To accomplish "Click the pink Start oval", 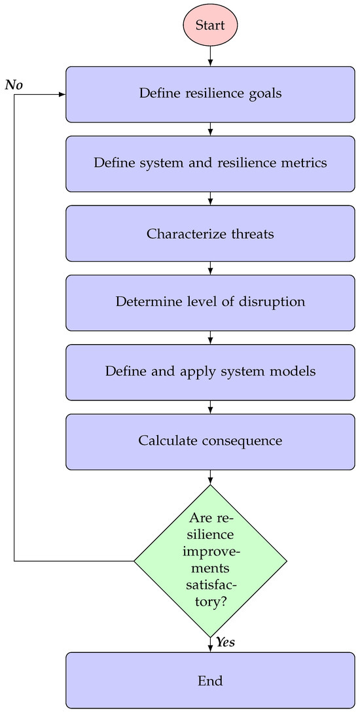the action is tap(210, 26).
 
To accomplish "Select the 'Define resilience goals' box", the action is tap(210, 94).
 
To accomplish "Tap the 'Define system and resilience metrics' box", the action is tap(210, 164).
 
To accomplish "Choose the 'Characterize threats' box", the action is tap(210, 234).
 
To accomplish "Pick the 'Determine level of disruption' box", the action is tap(210, 302).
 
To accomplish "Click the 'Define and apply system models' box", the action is tap(210, 372).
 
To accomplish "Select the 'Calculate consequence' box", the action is tap(210, 441).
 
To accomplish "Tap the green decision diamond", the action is tap(210, 561).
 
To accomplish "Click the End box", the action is tap(210, 680).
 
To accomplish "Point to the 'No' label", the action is tap(14, 85).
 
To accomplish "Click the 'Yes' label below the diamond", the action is tap(225, 642).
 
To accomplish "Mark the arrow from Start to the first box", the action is tap(210, 56).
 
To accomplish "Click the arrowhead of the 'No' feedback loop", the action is tap(62, 95).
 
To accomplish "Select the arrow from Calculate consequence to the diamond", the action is tap(210, 477).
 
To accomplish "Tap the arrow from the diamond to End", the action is tap(210, 645).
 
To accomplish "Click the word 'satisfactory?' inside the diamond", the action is tap(210, 593).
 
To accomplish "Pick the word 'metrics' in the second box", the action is tap(306, 164).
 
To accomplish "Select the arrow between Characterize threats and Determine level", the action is tap(210, 268).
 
